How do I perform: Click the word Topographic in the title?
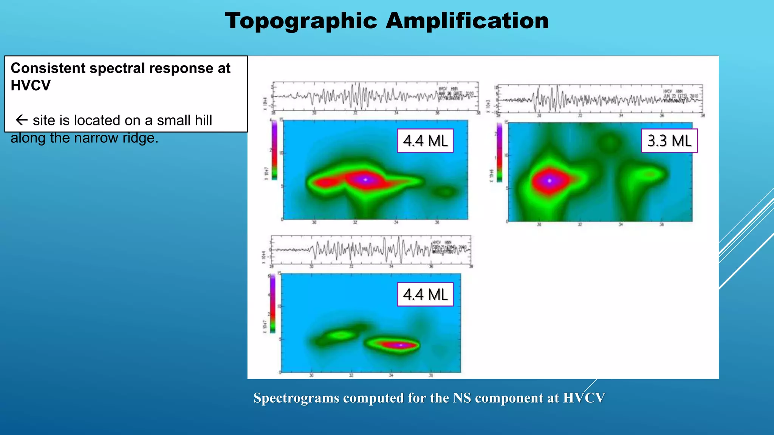301,21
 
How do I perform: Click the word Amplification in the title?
467,21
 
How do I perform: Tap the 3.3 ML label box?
669,141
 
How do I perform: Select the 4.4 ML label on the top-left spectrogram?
425,141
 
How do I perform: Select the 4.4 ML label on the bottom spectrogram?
425,294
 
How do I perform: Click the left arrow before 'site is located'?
22,120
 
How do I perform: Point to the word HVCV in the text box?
30,86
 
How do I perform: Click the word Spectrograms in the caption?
296,398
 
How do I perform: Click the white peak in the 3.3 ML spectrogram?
550,181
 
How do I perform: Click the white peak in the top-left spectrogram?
365,180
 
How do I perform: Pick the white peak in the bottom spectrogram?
401,345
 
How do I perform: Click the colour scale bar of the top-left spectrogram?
274,149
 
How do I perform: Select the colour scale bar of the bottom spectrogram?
272,304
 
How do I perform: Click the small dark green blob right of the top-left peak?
445,192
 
